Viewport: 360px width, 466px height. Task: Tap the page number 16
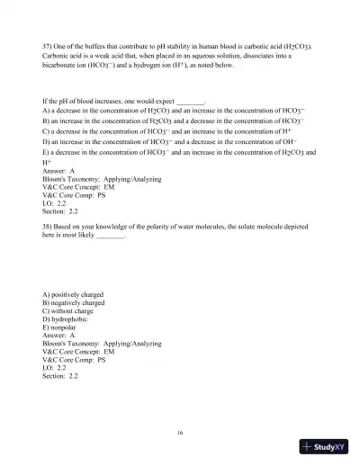(180, 433)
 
